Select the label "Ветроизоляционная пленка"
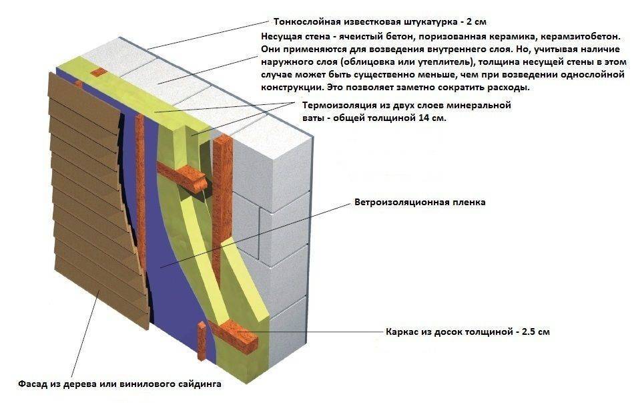420,202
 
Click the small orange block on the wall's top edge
98,72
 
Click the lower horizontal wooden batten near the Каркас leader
232,334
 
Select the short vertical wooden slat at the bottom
202,342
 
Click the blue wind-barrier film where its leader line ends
160,267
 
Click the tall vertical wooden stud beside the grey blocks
221,210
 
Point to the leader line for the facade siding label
85,333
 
